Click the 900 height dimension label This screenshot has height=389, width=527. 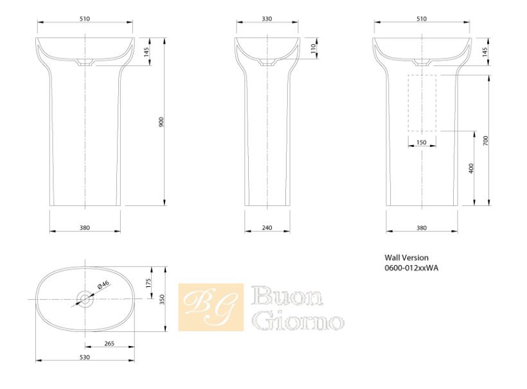tap(161, 122)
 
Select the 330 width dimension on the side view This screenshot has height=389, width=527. tap(267, 19)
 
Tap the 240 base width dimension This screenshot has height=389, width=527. tap(267, 228)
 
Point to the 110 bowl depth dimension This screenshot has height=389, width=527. tap(314, 48)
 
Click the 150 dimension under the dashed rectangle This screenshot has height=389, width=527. tap(422, 143)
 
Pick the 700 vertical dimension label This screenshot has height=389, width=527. tap(485, 141)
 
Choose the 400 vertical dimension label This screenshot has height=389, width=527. tap(471, 168)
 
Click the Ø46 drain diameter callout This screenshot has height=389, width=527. tap(103, 285)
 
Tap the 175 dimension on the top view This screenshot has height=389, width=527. tap(148, 283)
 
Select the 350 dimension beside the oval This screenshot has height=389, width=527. tap(162, 299)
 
